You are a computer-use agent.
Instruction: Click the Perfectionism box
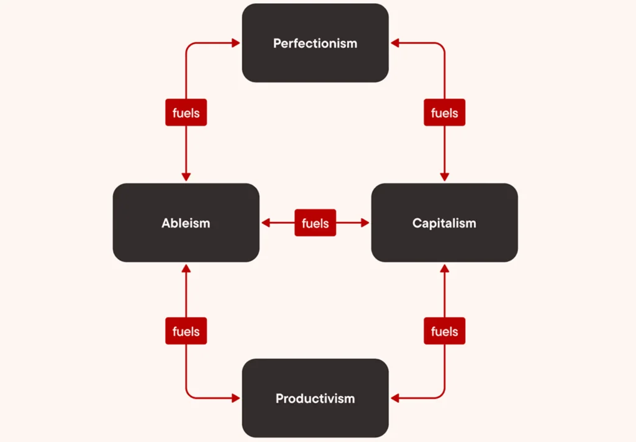pos(315,43)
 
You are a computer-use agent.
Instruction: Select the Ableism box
pos(186,223)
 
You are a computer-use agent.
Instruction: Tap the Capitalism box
pos(444,223)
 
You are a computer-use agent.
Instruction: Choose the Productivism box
pos(315,398)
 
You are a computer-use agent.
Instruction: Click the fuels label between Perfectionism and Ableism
pos(186,113)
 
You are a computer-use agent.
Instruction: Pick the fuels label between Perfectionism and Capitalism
pos(444,113)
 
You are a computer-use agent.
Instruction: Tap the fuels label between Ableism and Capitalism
pos(315,223)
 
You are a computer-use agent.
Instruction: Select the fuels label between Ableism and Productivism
pos(186,331)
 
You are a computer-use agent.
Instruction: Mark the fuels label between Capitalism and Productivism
pos(444,331)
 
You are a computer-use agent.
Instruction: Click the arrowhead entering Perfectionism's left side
pos(236,43)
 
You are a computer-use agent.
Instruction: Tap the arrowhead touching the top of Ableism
pos(186,177)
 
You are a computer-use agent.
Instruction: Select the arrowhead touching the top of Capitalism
pos(444,177)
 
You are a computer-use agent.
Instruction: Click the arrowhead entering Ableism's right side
pos(266,223)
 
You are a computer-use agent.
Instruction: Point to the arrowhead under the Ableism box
pos(186,268)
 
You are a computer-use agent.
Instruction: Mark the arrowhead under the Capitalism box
pos(444,268)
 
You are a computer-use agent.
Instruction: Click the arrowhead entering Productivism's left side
pos(236,398)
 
